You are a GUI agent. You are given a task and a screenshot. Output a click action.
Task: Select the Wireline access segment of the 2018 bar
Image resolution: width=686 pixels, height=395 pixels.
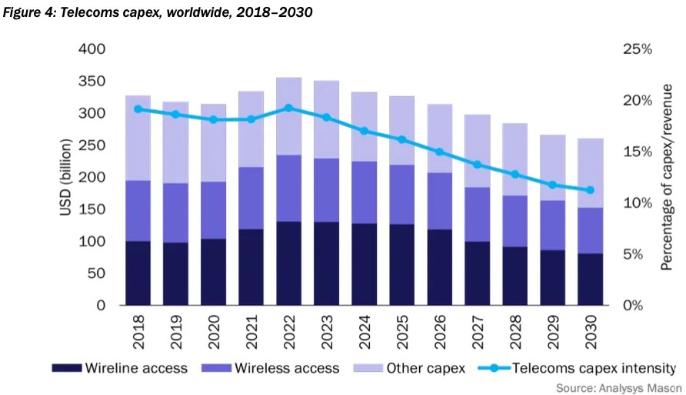pyautogui.click(x=138, y=273)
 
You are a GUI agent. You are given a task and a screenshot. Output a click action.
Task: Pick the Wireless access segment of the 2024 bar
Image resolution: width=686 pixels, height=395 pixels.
pyautogui.click(x=364, y=192)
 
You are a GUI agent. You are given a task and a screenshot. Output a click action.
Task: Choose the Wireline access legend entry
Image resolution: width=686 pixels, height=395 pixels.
pyautogui.click(x=120, y=368)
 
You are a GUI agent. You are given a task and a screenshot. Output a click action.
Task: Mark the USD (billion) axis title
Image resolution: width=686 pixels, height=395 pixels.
pyautogui.click(x=67, y=177)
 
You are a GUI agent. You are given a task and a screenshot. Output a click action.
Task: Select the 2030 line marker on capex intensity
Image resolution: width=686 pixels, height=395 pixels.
pyautogui.click(x=590, y=190)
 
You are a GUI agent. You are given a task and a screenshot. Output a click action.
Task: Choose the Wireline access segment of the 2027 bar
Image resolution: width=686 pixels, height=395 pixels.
pyautogui.click(x=477, y=273)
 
